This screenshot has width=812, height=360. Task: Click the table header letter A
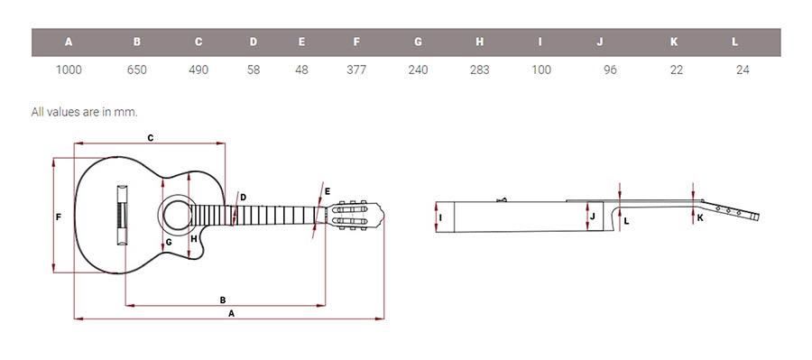pyautogui.click(x=69, y=42)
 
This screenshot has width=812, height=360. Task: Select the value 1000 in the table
pyautogui.click(x=69, y=69)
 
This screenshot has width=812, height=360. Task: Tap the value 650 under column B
pyautogui.click(x=137, y=69)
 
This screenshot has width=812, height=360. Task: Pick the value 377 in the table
pyautogui.click(x=356, y=69)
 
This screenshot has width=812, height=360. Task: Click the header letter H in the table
pyautogui.click(x=480, y=42)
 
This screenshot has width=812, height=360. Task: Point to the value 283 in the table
pyautogui.click(x=480, y=69)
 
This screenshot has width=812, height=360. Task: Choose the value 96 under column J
pyautogui.click(x=610, y=69)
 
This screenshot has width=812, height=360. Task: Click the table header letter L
pyautogui.click(x=734, y=42)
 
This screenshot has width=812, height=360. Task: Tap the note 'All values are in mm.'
pyautogui.click(x=85, y=112)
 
